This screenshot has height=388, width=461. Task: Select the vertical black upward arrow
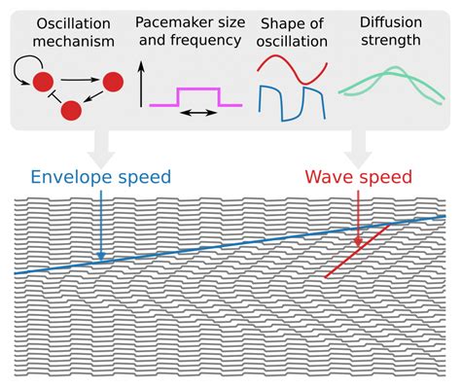tap(143, 84)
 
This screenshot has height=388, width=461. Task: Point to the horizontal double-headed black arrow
tap(199, 114)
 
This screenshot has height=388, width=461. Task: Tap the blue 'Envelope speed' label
tap(102, 178)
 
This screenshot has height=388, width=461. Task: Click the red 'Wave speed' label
tap(357, 178)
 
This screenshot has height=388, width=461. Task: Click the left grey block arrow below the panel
tap(98, 153)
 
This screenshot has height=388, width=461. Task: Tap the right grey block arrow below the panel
tap(357, 150)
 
